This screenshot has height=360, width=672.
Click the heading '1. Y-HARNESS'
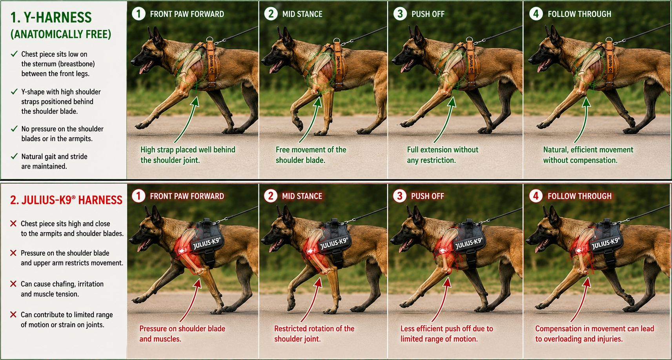click(51, 18)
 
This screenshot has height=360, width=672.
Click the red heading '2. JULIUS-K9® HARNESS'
click(66, 200)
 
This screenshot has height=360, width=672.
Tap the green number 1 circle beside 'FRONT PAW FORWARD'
click(138, 14)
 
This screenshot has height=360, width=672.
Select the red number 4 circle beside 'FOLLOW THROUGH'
click(536, 196)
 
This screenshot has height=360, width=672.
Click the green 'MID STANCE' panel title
click(302, 14)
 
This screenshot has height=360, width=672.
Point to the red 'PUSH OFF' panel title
click(428, 196)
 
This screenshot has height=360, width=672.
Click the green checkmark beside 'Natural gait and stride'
click(14, 156)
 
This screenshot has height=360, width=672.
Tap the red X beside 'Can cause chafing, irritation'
click(13, 284)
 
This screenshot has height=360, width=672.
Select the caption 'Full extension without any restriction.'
click(443, 155)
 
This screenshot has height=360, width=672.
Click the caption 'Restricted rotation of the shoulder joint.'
click(314, 334)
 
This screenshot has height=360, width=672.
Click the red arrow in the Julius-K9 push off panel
click(441, 300)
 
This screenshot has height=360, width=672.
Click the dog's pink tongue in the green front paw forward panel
click(142, 69)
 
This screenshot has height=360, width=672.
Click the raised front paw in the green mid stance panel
click(299, 124)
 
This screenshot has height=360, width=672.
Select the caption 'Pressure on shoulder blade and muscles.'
click(182, 334)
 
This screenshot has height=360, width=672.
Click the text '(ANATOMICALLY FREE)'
click(61, 34)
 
